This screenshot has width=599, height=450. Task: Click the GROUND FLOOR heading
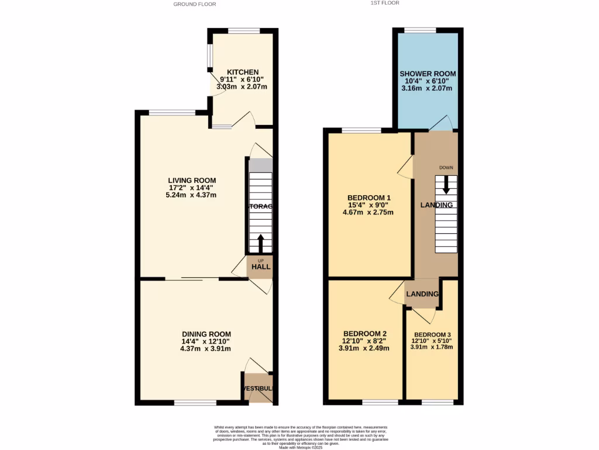[x=195, y=4]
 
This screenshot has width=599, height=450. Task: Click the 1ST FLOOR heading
[x=385, y=3]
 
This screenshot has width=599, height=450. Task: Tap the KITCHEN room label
[x=243, y=72]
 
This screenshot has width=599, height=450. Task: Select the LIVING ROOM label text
[x=192, y=180]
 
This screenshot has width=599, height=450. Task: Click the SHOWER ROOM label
[x=428, y=74]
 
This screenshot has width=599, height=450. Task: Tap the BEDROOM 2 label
[x=365, y=334]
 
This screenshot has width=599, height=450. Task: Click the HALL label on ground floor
[x=261, y=267]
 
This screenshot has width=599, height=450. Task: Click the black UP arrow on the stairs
[x=261, y=242]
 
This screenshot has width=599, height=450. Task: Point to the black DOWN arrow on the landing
[x=446, y=185]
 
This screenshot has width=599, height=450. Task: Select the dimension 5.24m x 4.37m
[x=192, y=195]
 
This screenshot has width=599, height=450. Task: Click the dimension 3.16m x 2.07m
[x=428, y=88]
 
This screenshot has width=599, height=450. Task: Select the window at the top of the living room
[x=172, y=112]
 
